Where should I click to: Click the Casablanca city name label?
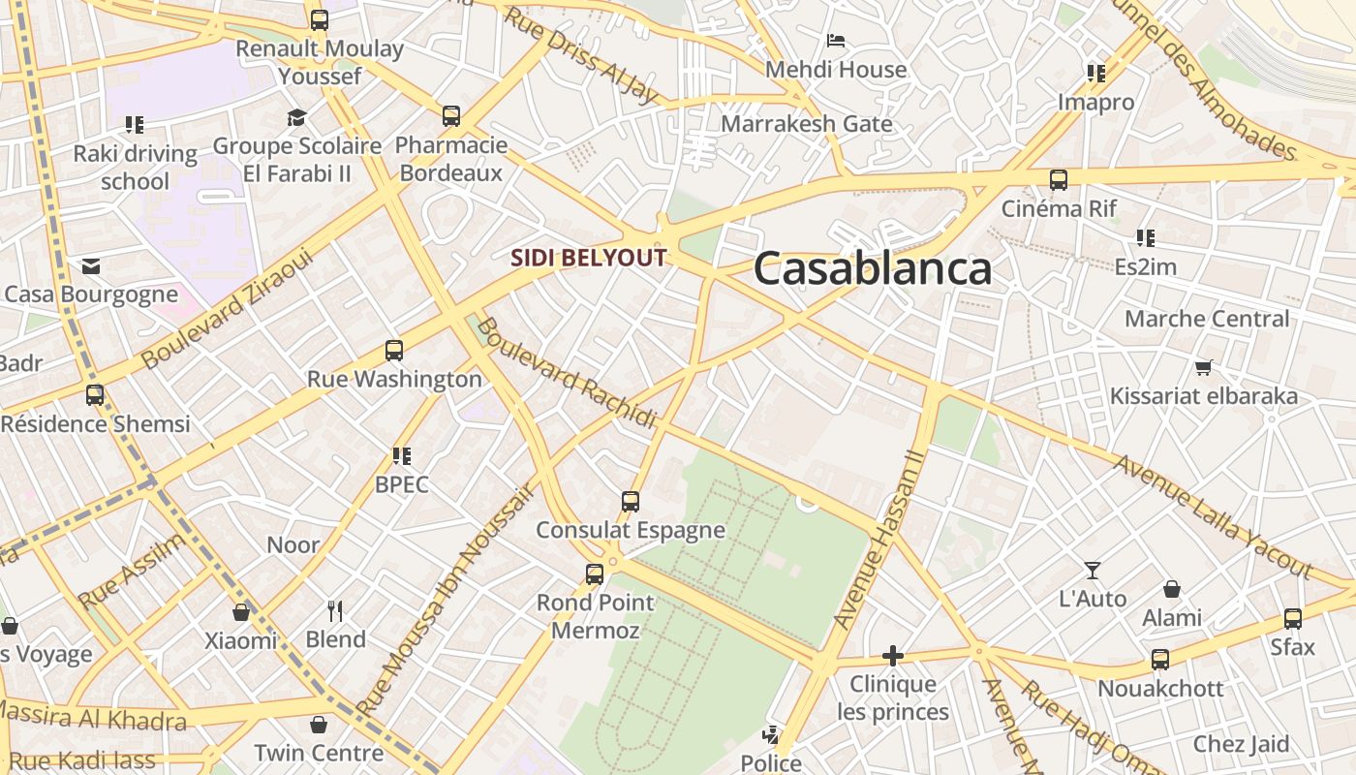pos(873,268)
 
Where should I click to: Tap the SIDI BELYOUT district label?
pos(589,258)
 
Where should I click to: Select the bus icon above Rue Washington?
pos(393,351)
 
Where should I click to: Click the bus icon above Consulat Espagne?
pos(631,502)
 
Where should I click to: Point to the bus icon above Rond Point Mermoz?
pos(595,574)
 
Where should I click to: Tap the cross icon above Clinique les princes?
pos(893,656)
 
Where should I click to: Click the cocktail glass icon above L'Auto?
pos(1093,571)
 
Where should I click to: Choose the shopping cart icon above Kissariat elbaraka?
pos(1203,367)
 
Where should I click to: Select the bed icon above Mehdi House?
pos(836,41)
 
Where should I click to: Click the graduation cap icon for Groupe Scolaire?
pos(296,117)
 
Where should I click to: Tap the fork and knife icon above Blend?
pos(335,610)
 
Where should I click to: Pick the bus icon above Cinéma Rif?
pos(1059,180)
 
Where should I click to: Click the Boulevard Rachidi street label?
pos(568,373)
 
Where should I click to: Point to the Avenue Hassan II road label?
pos(880,539)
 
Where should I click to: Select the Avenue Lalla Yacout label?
pos(1212,516)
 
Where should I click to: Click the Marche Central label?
pos(1207,319)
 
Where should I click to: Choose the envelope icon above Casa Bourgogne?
pos(91,266)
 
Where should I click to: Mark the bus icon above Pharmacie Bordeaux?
pos(451,116)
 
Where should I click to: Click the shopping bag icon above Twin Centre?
pos(319,725)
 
